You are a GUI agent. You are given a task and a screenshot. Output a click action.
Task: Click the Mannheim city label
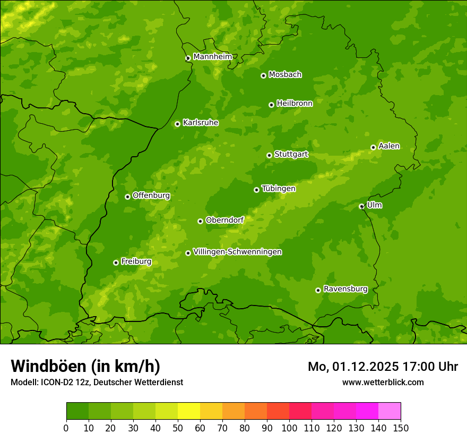pyautogui.click(x=212, y=57)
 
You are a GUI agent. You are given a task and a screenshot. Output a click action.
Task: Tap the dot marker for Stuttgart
pyautogui.click(x=269, y=155)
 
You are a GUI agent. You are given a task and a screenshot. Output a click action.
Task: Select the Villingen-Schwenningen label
pyautogui.click(x=237, y=252)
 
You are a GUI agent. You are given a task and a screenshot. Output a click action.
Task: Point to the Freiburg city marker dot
pyautogui.click(x=116, y=262)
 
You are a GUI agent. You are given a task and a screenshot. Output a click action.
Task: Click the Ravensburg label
pyautogui.click(x=345, y=289)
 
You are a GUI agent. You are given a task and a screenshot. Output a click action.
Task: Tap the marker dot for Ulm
pyautogui.click(x=361, y=206)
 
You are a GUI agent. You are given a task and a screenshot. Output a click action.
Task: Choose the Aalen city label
pyautogui.click(x=389, y=146)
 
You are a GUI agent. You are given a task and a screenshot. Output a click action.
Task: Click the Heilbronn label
pyautogui.click(x=295, y=104)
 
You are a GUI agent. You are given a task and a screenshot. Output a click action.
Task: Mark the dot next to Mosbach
pyautogui.click(x=263, y=75)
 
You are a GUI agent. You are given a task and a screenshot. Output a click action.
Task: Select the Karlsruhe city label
pyautogui.click(x=201, y=123)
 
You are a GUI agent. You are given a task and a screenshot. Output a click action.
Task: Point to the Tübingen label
pyautogui.click(x=279, y=189)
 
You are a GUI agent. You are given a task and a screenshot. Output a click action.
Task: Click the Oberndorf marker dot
pyautogui.click(x=200, y=221)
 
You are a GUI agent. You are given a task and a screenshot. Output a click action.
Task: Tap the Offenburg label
pyautogui.click(x=151, y=196)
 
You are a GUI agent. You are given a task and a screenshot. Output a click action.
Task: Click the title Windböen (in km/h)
pyautogui.click(x=85, y=366)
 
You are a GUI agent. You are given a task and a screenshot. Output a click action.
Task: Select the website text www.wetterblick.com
pyautogui.click(x=383, y=382)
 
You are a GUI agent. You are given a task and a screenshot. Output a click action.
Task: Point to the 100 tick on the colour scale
pyautogui.click(x=289, y=428)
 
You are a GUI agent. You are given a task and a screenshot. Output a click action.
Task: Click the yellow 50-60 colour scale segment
pyautogui.click(x=189, y=411)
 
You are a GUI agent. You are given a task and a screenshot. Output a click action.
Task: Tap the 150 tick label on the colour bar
pyautogui.click(x=401, y=428)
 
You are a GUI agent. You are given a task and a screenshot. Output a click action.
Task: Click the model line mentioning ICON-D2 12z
pyautogui.click(x=97, y=382)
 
